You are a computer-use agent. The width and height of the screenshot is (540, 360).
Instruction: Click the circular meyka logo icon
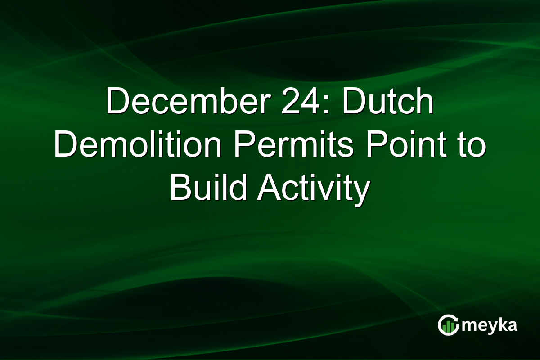(x=448, y=325)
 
